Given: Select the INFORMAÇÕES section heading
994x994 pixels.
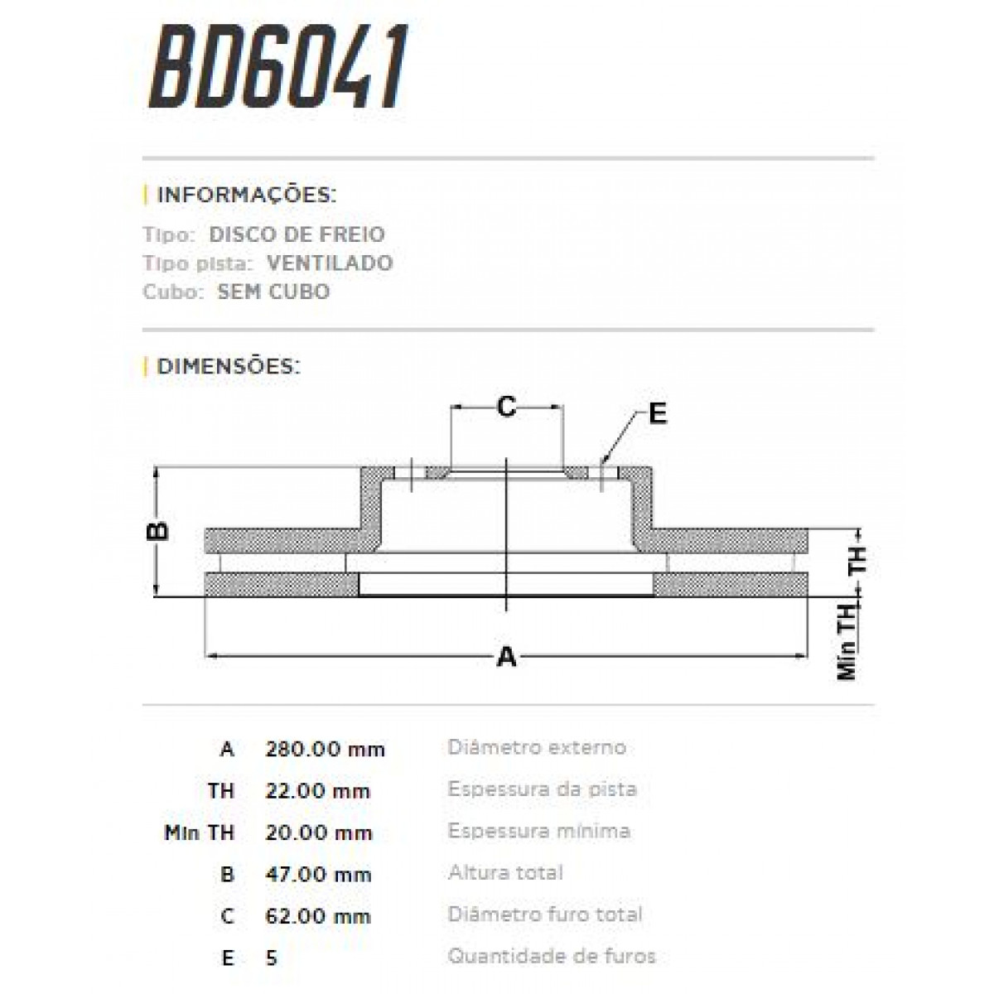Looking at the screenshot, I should [x=246, y=195].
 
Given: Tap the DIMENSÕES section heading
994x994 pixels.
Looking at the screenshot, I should [x=228, y=366].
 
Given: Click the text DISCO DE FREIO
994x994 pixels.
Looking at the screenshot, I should [x=297, y=234].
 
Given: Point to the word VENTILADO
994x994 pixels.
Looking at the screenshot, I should [x=330, y=263].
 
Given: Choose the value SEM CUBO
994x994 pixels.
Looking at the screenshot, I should [x=273, y=292].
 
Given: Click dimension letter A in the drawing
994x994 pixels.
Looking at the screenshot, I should [x=506, y=658].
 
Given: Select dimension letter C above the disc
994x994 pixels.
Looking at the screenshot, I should [x=506, y=407].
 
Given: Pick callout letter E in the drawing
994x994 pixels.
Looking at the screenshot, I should [x=657, y=413].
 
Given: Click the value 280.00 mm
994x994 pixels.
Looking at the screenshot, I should [x=325, y=750].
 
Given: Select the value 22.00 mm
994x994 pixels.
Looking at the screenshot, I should [x=317, y=791].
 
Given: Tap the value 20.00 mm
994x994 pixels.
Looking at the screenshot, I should [x=317, y=832].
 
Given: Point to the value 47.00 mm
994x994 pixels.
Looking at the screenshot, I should [x=318, y=875].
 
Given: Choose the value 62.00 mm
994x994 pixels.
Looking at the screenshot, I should [x=318, y=916].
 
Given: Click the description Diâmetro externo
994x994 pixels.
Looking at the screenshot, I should [x=537, y=747].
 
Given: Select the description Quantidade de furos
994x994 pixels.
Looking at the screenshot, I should [x=552, y=956].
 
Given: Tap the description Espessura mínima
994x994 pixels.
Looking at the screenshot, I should [x=539, y=831].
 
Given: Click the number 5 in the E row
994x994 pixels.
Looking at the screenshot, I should [x=272, y=958].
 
